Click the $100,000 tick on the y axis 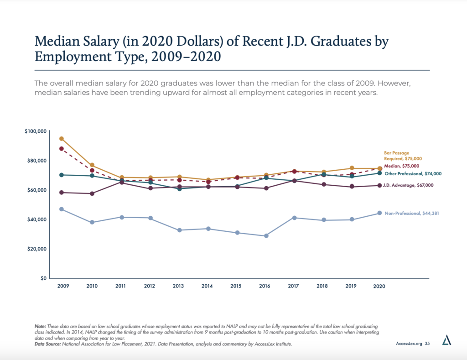(x=36, y=131)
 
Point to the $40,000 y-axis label (x=36, y=219)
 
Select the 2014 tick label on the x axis (x=207, y=286)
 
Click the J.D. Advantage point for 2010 (x=92, y=193)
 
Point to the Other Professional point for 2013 (x=179, y=188)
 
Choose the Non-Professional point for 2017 (x=295, y=218)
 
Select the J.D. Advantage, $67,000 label (x=409, y=185)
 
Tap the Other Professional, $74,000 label (x=412, y=174)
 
